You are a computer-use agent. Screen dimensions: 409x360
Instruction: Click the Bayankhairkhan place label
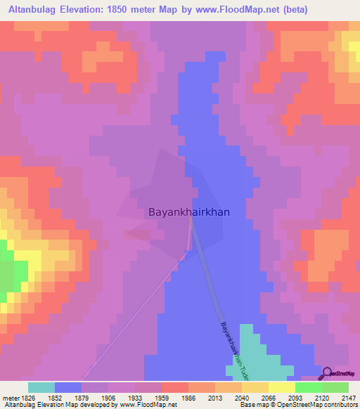click(x=188, y=211)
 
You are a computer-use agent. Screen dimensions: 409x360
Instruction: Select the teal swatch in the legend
click(x=41, y=387)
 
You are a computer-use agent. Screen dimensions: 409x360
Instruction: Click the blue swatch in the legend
click(x=68, y=387)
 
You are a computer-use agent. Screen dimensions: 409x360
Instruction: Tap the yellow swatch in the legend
click(x=281, y=387)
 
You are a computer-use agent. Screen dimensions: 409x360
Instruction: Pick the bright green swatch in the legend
click(x=308, y=387)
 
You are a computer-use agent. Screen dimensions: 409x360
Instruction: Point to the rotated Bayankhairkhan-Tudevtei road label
click(x=231, y=347)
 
